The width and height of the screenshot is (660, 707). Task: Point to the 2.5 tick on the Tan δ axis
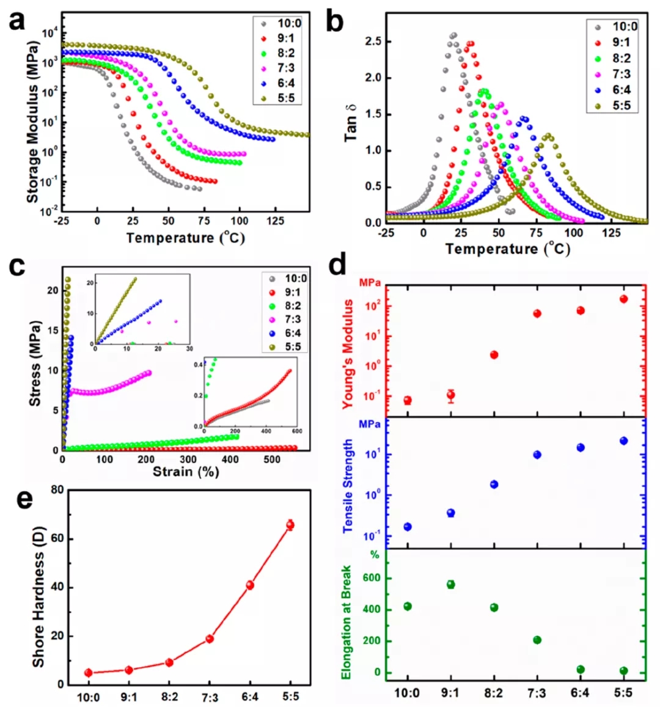point(373,42)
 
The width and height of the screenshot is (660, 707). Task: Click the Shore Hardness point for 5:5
point(290,524)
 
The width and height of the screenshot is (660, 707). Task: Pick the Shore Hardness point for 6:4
point(250,585)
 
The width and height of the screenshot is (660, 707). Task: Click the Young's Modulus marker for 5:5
point(623,299)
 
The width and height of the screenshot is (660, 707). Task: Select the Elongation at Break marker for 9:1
point(451,584)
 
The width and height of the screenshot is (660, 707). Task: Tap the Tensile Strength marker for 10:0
point(408,527)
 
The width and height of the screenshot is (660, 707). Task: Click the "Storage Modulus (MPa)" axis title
point(32,122)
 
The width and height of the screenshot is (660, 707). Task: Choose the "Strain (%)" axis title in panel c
point(186,472)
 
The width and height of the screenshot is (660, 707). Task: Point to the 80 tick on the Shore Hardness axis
point(57,490)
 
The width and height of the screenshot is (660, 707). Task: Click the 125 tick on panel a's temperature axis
point(275,221)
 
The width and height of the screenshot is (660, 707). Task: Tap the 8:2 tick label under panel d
point(493,693)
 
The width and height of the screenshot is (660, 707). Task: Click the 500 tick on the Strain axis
point(272,460)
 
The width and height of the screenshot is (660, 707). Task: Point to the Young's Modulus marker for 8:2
point(494,354)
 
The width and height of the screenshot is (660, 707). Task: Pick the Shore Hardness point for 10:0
point(89,673)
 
